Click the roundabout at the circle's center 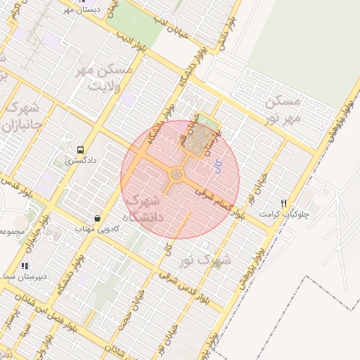176,174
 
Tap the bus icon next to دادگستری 80,150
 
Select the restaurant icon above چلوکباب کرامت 283,202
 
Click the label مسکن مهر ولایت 106,79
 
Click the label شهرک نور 205,261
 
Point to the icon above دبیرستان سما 25,266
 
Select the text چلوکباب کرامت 284,212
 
